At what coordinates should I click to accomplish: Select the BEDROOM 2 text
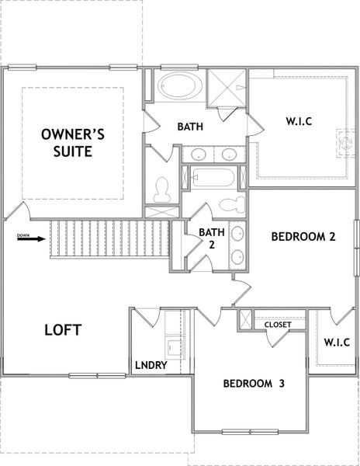pos(303,238)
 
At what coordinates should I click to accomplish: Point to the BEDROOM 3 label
pos(259,384)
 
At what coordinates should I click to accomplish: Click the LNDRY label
pos(151,365)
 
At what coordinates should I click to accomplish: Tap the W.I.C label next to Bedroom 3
pos(337,343)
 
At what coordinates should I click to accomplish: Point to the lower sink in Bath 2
pos(237,256)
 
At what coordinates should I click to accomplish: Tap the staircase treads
pos(109,240)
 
